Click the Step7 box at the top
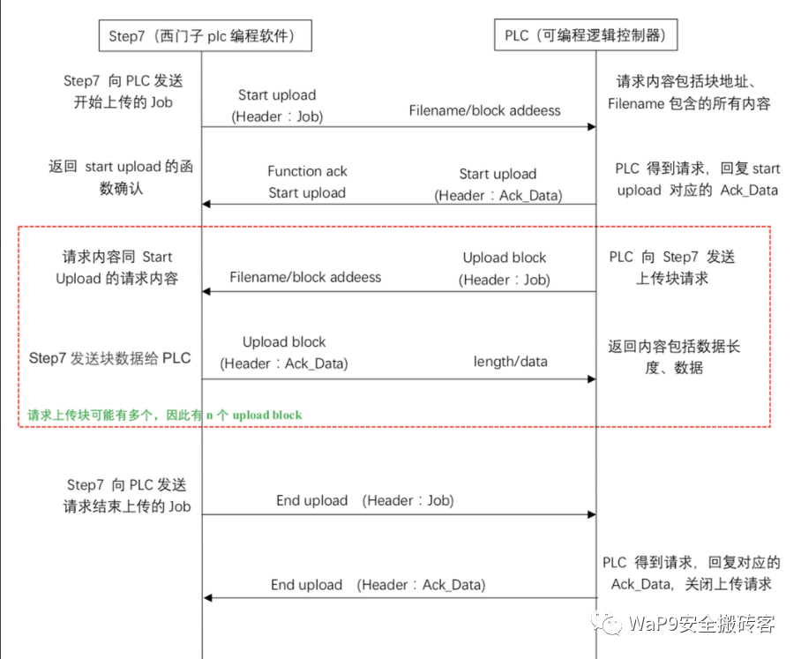tap(201, 36)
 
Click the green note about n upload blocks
tap(164, 414)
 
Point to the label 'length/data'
tap(511, 361)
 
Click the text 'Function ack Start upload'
tap(307, 182)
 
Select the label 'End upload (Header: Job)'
tap(364, 500)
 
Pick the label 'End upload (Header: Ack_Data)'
tap(378, 584)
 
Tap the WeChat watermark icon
tap(610, 624)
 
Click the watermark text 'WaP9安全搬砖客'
tap(702, 625)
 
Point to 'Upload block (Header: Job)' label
tap(505, 269)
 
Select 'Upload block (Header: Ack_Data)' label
tap(284, 352)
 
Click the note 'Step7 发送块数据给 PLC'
tap(109, 358)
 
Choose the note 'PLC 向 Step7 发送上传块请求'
tap(672, 268)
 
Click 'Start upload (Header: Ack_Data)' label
tap(498, 184)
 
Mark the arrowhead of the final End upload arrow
tap(207, 598)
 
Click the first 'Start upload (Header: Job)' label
tap(277, 105)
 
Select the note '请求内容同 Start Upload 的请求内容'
tap(117, 267)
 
